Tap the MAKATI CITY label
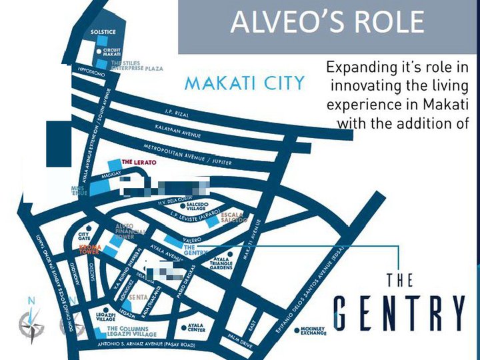pyautogui.click(x=244, y=84)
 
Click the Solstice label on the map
pyautogui.click(x=103, y=33)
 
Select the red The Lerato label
pyautogui.click(x=138, y=163)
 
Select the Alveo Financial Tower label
pyautogui.click(x=129, y=231)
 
